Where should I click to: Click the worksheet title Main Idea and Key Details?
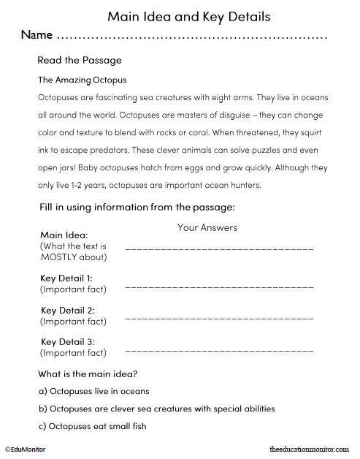[x=180, y=15]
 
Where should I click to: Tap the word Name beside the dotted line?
[x=36, y=35]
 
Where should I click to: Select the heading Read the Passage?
[x=80, y=60]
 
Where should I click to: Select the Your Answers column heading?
[x=207, y=227]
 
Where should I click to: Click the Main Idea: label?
[x=64, y=235]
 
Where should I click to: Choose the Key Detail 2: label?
[x=66, y=310]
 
